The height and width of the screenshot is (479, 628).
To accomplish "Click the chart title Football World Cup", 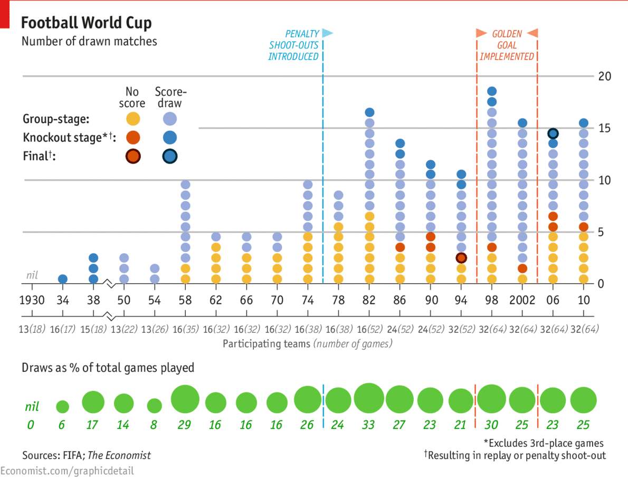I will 86,23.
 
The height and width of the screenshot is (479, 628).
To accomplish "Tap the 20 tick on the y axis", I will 605,76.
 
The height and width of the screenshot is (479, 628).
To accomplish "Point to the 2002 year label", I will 522,300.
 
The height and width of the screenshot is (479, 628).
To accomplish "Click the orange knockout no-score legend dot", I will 133,138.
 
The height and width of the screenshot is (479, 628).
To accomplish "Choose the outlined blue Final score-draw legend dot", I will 169,156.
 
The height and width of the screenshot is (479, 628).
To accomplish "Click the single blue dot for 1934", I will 62,279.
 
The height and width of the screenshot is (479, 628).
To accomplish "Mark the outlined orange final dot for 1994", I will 461,258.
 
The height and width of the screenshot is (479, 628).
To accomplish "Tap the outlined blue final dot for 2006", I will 553,133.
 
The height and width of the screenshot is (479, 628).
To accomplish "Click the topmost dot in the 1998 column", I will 492,91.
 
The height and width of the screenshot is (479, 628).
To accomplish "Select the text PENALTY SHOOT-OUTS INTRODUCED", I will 294,45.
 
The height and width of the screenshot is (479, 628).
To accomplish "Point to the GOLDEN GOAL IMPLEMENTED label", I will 507,45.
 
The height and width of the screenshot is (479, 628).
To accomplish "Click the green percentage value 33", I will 368,425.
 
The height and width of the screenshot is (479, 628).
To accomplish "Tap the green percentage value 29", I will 184,425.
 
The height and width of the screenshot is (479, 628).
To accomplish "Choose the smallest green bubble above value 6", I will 62,407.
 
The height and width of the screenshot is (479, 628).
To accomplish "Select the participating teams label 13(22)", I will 124,329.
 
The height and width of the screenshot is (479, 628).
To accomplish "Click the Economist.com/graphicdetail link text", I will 67,471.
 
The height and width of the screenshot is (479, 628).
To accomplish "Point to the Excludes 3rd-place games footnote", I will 544,443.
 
